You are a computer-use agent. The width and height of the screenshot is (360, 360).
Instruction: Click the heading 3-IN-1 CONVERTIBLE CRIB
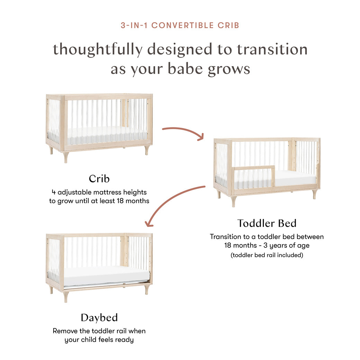[x=180, y=25]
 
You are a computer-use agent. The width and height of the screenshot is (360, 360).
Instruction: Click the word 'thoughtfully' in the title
[x=97, y=49]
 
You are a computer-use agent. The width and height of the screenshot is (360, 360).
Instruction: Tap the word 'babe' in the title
[x=185, y=69]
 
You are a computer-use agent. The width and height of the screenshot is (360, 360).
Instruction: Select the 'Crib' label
[x=99, y=179]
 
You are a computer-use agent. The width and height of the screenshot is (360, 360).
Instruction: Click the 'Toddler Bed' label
[x=267, y=223]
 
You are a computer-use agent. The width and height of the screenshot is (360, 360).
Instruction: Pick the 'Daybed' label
[x=99, y=317]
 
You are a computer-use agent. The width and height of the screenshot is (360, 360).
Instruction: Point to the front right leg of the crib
[x=147, y=150]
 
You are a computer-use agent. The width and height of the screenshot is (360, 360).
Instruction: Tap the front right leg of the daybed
[x=147, y=289]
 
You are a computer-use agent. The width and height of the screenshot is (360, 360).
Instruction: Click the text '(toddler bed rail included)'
[x=267, y=255]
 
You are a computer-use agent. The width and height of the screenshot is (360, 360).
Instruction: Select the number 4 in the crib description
[x=54, y=192]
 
